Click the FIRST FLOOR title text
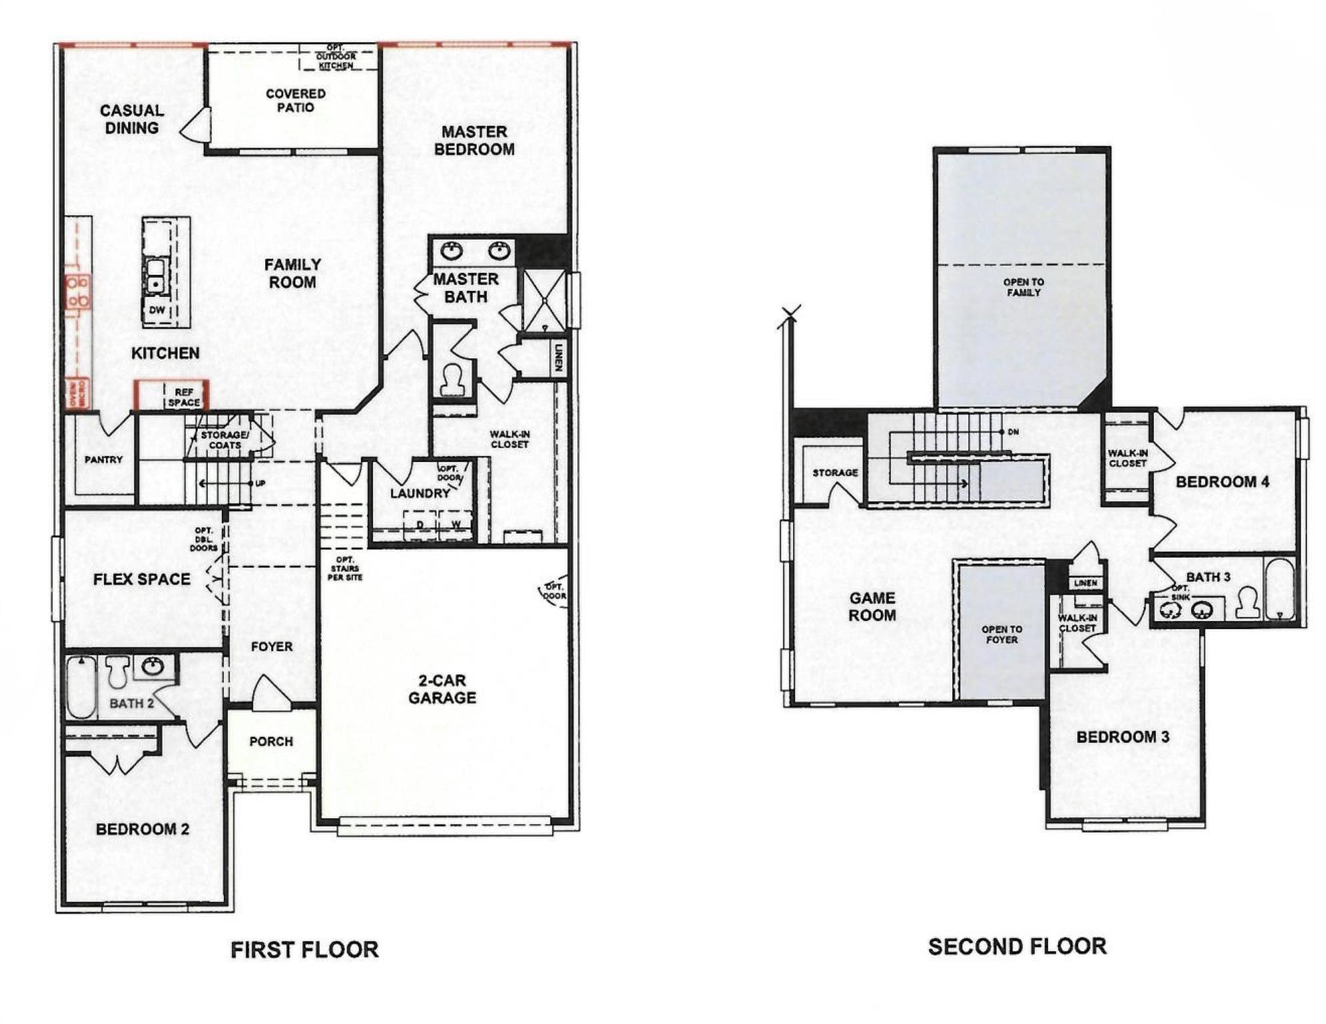pos(304,949)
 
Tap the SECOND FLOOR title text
pos(1017,946)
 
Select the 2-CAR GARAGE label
pos(442,689)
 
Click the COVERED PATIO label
pos(295,101)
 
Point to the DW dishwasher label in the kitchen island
pos(157,310)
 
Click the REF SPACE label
pos(183,397)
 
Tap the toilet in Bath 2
pos(117,671)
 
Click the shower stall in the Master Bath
pos(544,301)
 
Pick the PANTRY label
pos(103,459)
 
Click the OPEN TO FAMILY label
pos(1023,287)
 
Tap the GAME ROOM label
pos(872,607)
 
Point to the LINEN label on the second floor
pos(1085,583)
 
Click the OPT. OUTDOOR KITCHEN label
pos(336,57)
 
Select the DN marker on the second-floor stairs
pos(1013,432)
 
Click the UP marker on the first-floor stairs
pos(260,483)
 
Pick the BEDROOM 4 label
pos(1222,482)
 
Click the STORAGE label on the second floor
pos(834,473)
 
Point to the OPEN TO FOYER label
pos(1001,634)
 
